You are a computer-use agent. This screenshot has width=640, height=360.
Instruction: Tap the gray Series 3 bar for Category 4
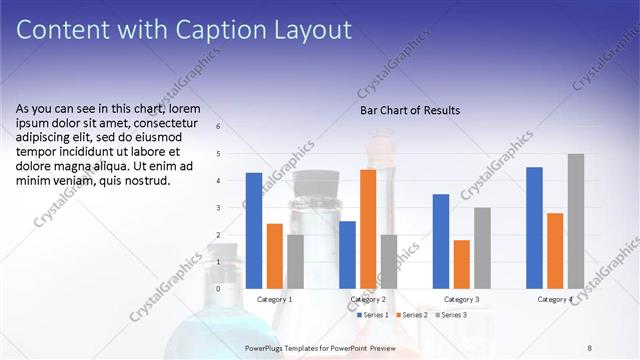coord(575,221)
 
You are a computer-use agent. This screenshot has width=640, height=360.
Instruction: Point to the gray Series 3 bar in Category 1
coord(295,262)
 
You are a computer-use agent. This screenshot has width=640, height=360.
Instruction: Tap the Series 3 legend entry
coord(450,315)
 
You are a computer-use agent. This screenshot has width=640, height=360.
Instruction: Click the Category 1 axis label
coord(275,299)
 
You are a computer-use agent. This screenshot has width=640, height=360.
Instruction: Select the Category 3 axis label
coord(461,299)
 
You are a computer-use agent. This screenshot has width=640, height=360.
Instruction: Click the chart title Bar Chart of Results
coord(410,110)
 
